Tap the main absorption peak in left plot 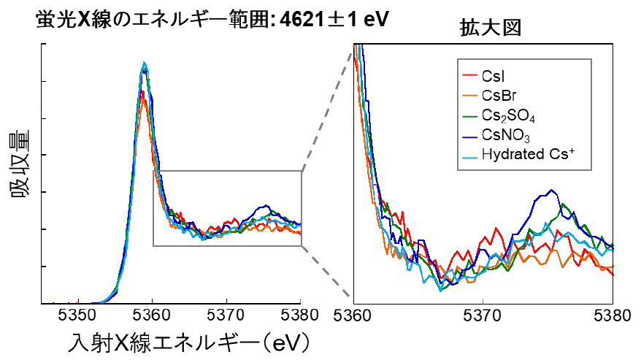145,64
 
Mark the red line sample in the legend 471,75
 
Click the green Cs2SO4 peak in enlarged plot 565,205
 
